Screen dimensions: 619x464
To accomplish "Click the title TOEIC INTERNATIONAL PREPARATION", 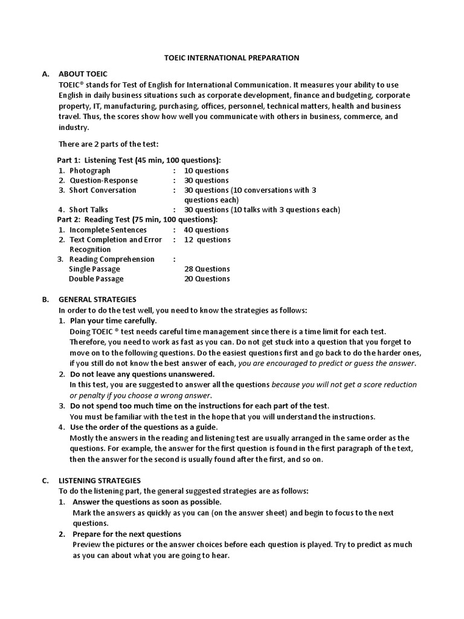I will tap(232, 58).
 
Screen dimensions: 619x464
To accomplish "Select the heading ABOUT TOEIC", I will tap(83, 74).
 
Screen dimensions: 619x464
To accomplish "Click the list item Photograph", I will tap(90, 170).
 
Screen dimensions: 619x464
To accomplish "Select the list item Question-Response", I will tap(103, 180).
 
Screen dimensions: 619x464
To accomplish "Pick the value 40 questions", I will tap(207, 230).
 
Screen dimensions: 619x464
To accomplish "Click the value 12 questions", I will tap(207, 239).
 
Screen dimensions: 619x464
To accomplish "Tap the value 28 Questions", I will tap(207, 269).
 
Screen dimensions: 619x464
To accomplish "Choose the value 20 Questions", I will tap(207, 279).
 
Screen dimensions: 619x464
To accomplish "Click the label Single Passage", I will tap(94, 269).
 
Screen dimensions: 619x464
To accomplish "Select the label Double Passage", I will tap(96, 279).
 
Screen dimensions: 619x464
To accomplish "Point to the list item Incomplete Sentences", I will tap(108, 230).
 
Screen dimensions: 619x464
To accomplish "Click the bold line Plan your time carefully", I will tap(113, 320).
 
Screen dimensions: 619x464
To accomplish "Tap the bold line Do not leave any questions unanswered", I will tap(142, 374).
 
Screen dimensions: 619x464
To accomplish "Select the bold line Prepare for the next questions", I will tap(126, 534).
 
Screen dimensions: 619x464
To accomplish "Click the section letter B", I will tap(45, 299).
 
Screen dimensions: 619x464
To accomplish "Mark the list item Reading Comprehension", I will tap(112, 259).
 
